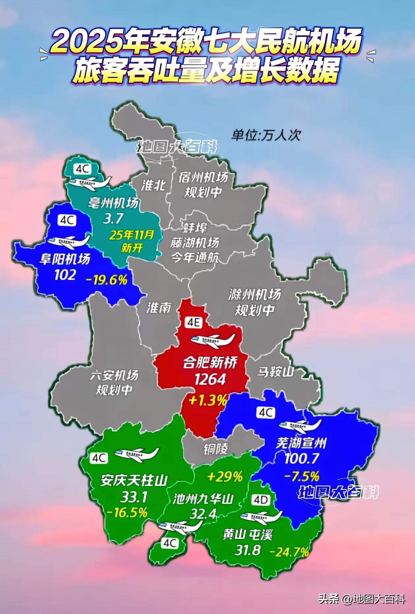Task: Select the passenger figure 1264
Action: click(210, 379)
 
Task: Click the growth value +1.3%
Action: click(208, 401)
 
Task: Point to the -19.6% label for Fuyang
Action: click(106, 280)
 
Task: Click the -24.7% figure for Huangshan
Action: click(290, 551)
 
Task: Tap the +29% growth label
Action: click(225, 476)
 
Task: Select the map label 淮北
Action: click(153, 185)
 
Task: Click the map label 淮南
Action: click(159, 308)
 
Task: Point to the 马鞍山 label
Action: click(275, 372)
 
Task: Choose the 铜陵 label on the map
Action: click(216, 449)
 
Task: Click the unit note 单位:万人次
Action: click(266, 135)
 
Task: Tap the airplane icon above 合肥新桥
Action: click(213, 341)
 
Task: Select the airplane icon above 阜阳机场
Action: click(69, 241)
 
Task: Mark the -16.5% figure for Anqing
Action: click(126, 512)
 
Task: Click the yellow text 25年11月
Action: click(132, 235)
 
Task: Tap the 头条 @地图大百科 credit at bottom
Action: click(361, 599)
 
